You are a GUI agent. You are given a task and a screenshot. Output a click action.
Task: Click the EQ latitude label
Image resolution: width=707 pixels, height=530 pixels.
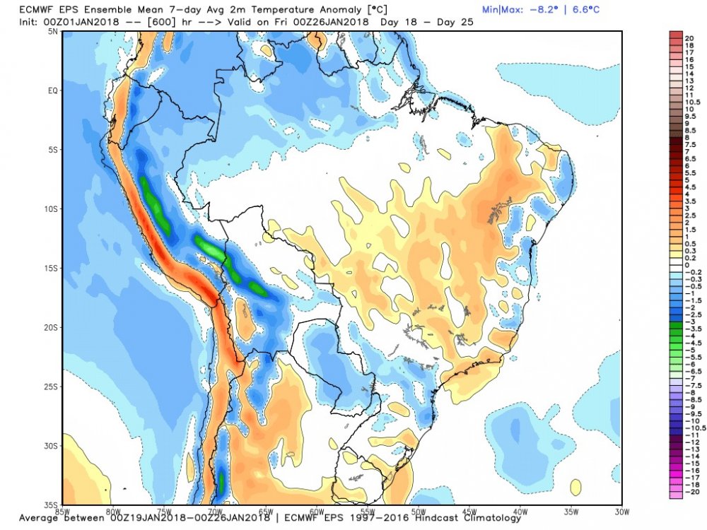52,91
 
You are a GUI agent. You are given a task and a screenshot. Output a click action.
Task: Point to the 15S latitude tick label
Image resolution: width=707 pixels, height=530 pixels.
51,269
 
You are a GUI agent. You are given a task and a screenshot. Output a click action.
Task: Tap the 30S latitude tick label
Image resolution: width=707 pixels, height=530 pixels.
51,446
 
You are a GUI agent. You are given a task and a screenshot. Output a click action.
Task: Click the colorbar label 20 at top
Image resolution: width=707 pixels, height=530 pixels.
689,36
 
